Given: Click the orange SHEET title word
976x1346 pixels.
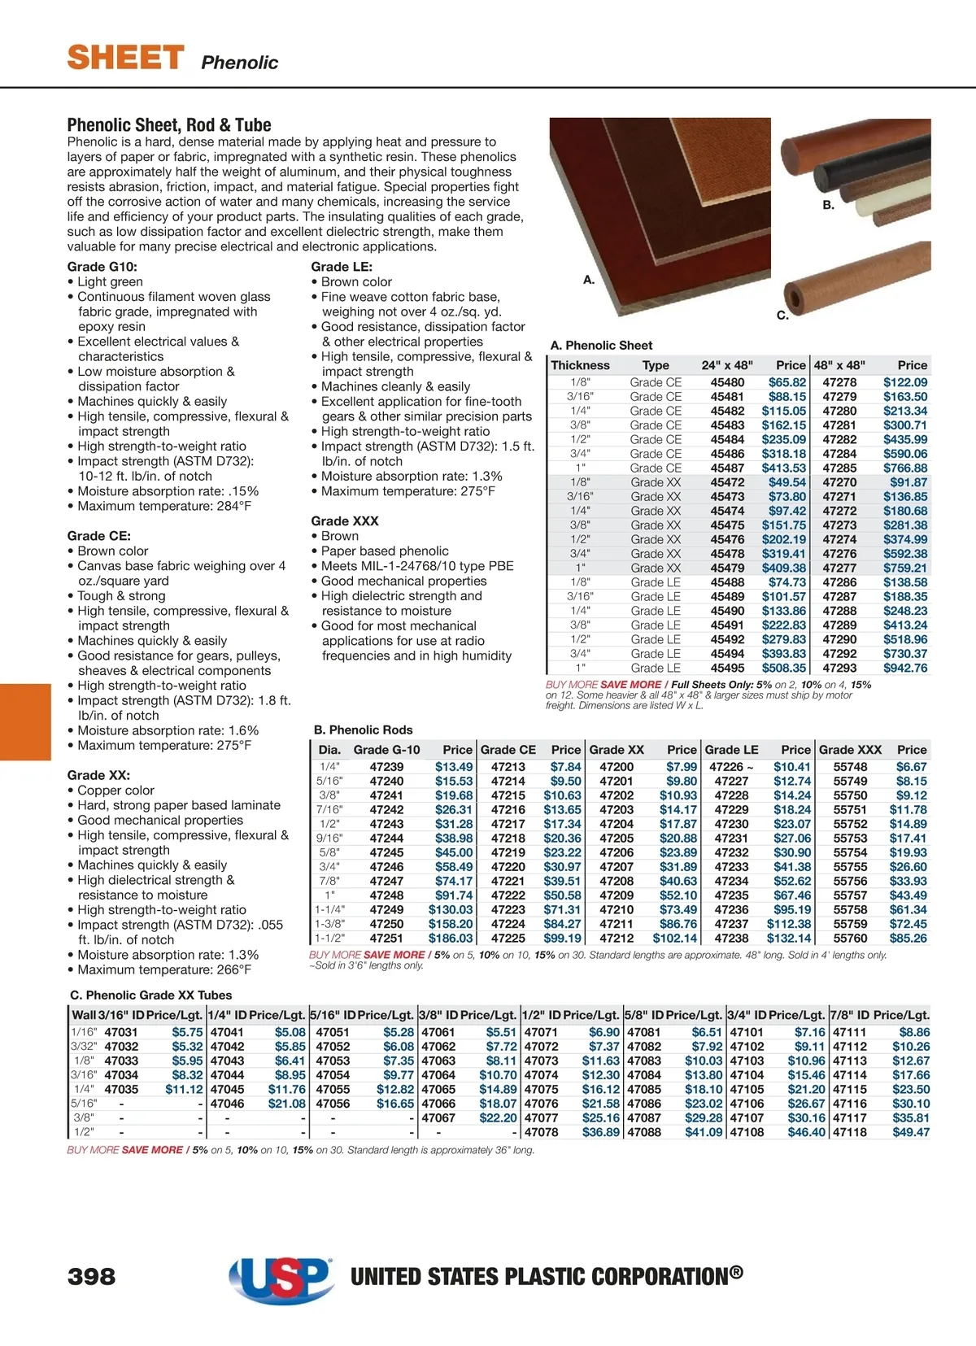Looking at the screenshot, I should [125, 58].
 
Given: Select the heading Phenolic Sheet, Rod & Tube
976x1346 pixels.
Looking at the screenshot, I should [169, 125].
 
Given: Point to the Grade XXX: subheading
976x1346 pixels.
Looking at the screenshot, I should [345, 521].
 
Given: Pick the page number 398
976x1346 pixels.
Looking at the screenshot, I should [91, 1276].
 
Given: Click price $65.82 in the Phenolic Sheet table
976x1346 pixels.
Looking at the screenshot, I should [786, 382].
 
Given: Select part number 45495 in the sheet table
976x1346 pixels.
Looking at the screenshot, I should [727, 668].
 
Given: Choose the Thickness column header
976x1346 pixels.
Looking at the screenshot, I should [580, 365].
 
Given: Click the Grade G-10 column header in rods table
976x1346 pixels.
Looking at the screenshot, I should [386, 750].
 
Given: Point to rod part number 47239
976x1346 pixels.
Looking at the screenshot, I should [386, 767].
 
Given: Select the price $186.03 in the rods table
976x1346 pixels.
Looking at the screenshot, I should [450, 939].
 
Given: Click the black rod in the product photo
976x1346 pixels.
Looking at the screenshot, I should [874, 177].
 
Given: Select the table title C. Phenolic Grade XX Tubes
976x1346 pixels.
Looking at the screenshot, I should [151, 995].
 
